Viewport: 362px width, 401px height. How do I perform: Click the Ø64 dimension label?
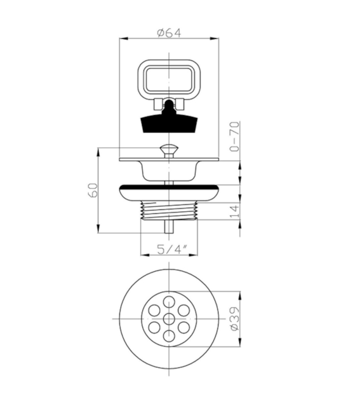click(169, 33)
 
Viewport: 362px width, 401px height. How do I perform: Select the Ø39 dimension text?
click(235, 319)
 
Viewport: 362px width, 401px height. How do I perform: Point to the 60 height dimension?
click(93, 190)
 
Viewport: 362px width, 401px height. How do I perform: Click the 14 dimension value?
click(235, 211)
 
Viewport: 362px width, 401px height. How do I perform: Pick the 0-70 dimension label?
click(235, 136)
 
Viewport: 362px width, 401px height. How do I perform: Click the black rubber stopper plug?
click(169, 120)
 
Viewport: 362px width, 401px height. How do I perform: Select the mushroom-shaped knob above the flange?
click(169, 151)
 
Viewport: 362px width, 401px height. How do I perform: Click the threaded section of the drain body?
click(169, 210)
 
